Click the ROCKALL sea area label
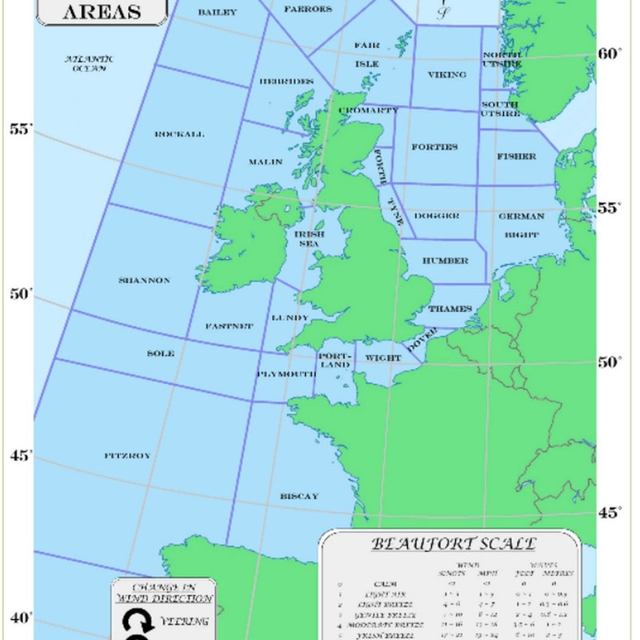point(179,134)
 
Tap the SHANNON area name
point(144,280)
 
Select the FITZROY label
point(127,455)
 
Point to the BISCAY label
point(299,496)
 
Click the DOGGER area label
point(436,216)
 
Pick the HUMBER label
point(446,261)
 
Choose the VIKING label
point(446,74)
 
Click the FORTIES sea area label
point(434,147)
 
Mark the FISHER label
point(516,157)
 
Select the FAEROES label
point(308,9)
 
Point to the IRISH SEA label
point(311,238)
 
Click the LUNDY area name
point(290,318)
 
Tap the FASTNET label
point(229,326)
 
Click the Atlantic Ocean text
point(90,63)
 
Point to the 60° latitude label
point(610,53)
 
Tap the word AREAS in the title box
point(102,11)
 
